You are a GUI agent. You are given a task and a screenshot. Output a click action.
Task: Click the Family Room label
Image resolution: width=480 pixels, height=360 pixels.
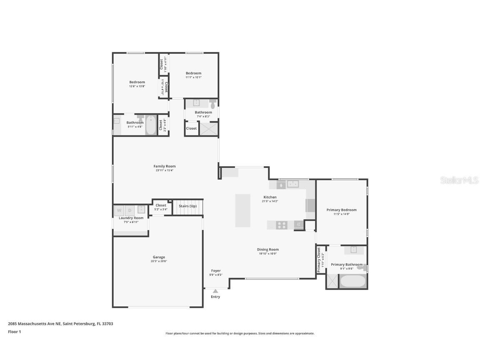(164, 166)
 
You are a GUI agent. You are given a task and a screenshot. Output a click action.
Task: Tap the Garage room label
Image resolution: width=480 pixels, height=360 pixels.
(159, 257)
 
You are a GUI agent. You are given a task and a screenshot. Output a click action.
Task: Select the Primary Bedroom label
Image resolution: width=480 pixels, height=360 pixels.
(342, 210)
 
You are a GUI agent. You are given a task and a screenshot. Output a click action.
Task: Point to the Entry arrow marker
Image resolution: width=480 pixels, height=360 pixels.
(215, 291)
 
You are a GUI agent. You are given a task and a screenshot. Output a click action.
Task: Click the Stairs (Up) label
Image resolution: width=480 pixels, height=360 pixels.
(187, 206)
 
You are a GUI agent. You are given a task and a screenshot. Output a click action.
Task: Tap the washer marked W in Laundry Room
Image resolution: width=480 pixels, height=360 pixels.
(119, 210)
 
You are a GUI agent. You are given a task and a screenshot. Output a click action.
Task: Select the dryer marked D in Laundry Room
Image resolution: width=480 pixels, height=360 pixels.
(130, 210)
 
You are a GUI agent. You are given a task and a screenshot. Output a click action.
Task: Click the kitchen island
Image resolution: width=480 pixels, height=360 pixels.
(242, 210)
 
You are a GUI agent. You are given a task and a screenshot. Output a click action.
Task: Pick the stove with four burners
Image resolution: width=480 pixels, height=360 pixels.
(282, 225)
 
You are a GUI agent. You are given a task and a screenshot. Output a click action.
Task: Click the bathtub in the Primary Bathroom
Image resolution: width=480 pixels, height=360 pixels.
(352, 281)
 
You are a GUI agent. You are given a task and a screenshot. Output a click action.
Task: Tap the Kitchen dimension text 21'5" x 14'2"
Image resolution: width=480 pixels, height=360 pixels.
(270, 201)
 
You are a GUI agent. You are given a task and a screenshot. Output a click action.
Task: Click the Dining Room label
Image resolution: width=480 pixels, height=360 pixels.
(267, 250)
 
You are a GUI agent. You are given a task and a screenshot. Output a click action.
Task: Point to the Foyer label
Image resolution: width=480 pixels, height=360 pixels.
(215, 271)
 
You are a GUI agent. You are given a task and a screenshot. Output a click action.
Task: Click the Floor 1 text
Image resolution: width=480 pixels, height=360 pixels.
(14, 332)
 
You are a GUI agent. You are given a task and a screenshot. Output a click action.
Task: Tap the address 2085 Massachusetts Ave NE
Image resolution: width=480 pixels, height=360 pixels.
(35, 324)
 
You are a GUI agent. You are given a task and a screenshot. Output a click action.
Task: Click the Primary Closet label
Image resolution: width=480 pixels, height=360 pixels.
(319, 260)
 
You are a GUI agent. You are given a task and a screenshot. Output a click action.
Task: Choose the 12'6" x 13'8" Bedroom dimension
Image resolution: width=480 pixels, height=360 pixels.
(137, 86)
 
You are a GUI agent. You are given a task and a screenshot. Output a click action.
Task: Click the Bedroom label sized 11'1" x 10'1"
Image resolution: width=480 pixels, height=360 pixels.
(193, 73)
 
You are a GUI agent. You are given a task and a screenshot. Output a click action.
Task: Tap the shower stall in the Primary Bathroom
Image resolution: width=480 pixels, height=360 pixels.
(332, 281)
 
